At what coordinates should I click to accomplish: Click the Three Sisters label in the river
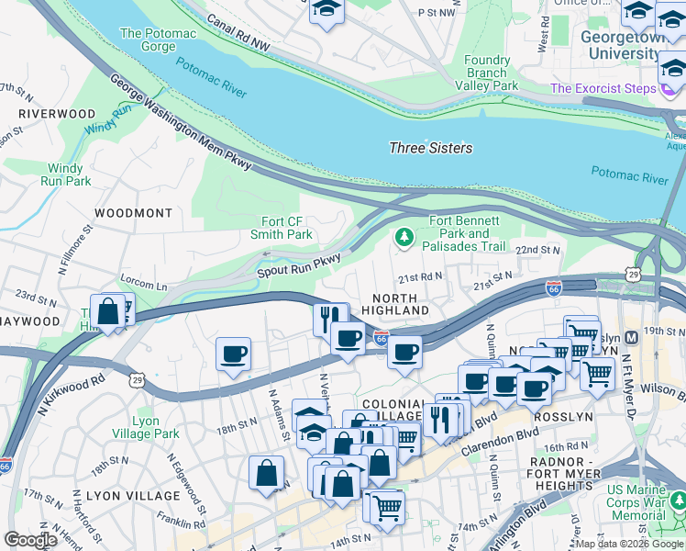(430, 148)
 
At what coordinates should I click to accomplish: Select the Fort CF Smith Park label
(287, 228)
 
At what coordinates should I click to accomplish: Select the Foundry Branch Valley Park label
(486, 73)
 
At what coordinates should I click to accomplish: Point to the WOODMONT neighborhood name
(133, 212)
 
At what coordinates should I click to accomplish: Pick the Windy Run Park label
(65, 174)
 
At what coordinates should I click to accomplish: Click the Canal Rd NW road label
(239, 34)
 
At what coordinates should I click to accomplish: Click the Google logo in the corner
(30, 540)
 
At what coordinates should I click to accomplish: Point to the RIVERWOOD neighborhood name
(56, 113)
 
